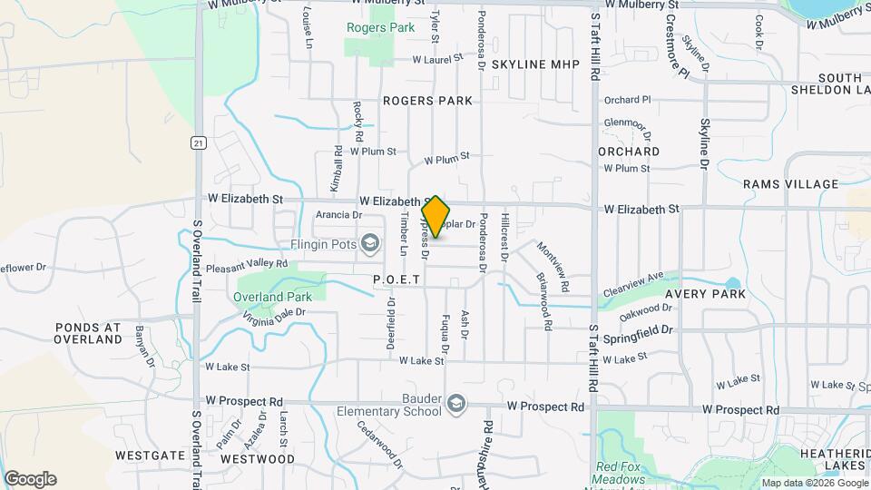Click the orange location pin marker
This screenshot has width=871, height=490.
436,216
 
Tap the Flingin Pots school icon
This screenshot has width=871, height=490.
369,243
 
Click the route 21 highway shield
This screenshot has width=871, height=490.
196,142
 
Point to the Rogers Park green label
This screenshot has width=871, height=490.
380,27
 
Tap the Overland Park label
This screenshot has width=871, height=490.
272,297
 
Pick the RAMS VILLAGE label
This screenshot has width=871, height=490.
790,184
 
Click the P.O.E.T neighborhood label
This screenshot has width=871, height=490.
396,280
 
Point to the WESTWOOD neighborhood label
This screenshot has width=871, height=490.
258,459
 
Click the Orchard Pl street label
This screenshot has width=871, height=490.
628,100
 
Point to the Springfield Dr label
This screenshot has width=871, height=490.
640,332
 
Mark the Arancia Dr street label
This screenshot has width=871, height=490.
339,215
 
